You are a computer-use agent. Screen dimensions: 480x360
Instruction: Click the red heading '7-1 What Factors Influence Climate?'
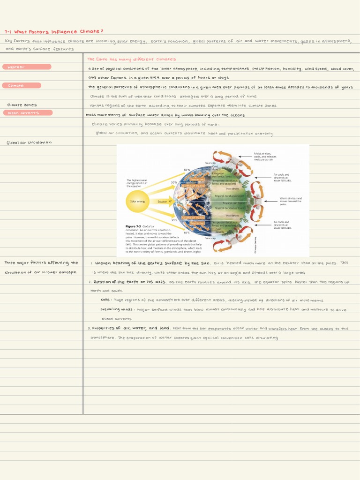point(54,31)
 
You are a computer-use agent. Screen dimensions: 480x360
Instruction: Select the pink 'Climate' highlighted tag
point(22,85)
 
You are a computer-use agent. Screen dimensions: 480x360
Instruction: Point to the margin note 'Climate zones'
point(22,105)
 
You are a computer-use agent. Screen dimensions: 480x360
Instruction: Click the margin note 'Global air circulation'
point(29,142)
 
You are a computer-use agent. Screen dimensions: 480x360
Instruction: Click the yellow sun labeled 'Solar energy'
point(138,201)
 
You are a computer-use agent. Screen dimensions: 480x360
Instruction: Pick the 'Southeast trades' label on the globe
point(193,217)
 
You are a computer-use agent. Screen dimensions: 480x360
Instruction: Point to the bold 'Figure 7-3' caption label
point(134,226)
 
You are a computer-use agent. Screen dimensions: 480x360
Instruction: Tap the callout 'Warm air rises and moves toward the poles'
point(291,201)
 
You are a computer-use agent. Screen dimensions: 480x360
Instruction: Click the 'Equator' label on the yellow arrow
point(162,202)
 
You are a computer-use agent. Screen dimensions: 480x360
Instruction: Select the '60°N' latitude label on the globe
point(187,170)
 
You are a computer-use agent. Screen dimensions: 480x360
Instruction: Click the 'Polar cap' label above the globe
point(210,163)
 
